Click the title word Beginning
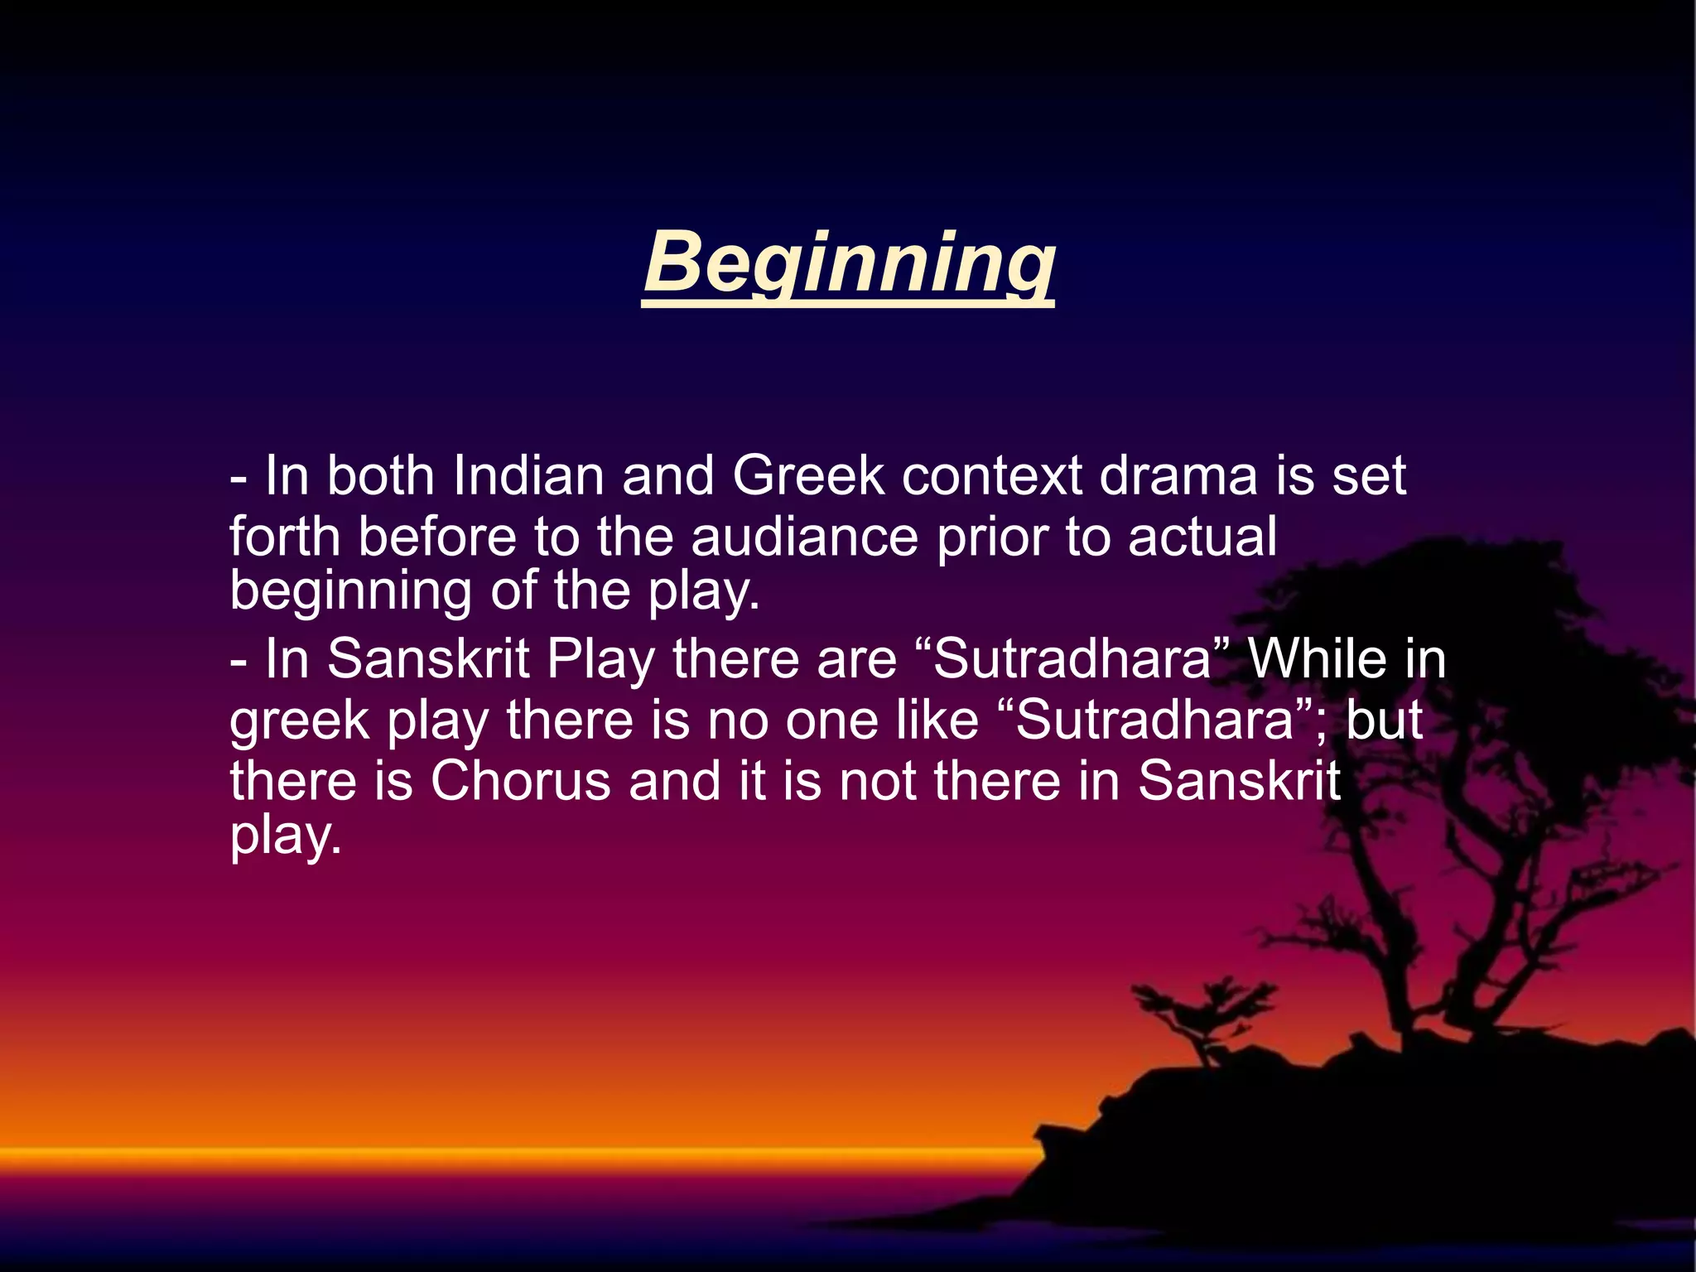(848, 263)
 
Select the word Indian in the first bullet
(528, 476)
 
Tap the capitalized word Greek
(807, 476)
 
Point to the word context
(991, 476)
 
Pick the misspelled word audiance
(804, 537)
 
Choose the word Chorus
(520, 780)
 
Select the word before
(437, 537)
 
